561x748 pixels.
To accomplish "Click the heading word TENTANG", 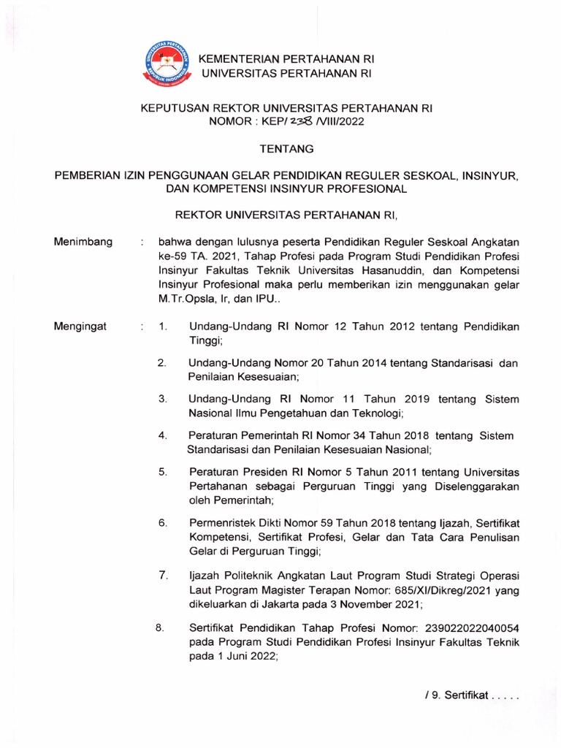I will tap(287, 149).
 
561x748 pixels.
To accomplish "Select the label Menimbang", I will tap(83, 242).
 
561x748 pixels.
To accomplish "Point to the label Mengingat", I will tap(80, 327).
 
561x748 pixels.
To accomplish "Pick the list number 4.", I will tap(164, 435).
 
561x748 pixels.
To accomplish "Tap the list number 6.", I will tap(164, 523).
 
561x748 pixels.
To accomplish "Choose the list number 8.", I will tap(160, 627).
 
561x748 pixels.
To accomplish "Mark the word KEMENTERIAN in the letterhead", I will tap(243, 59).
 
